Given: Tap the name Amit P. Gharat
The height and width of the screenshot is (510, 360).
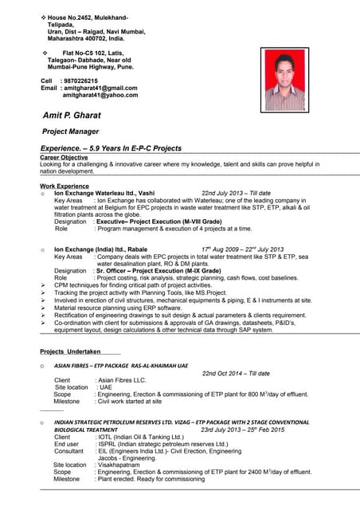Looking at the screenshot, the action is [x=72, y=116].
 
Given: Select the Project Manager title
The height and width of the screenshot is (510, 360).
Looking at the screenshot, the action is [x=71, y=131].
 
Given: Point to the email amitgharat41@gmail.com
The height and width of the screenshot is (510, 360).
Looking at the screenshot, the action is [x=100, y=88].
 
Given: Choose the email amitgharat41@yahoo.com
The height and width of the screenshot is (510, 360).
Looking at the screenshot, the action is [x=100, y=95].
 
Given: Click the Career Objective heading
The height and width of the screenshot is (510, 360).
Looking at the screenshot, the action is [x=64, y=158].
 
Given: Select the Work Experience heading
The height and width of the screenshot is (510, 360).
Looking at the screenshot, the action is [x=65, y=186].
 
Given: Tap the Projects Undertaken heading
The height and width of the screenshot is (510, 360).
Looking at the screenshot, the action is [x=70, y=351].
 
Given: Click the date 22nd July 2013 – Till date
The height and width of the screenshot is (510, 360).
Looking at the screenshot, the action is [x=237, y=193].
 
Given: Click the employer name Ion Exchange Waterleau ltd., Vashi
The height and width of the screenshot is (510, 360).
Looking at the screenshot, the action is [x=104, y=193].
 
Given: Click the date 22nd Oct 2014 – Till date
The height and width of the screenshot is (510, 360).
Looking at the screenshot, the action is [x=236, y=373].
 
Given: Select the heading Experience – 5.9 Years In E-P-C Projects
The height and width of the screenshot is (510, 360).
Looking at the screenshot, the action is [x=111, y=148].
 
